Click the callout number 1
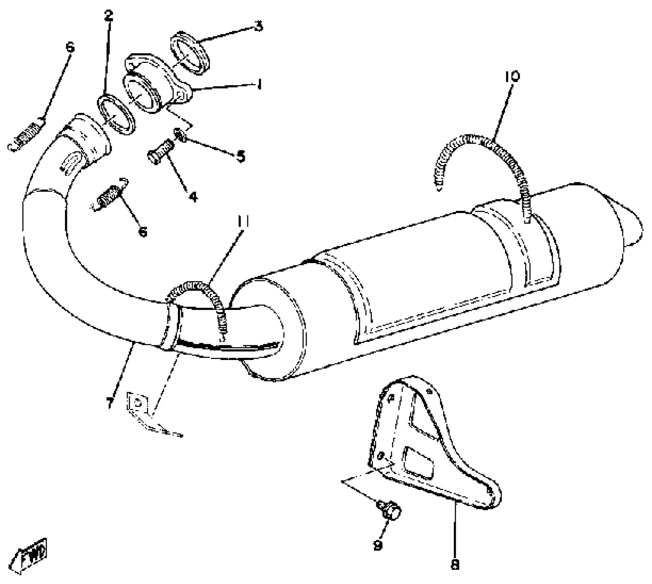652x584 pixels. [x=260, y=83]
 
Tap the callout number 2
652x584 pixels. [x=109, y=15]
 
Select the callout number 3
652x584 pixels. [x=259, y=26]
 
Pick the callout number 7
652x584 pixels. [x=109, y=402]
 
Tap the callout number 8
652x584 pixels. [x=455, y=564]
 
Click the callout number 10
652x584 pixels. [x=512, y=77]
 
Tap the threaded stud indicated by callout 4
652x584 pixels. [x=160, y=151]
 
